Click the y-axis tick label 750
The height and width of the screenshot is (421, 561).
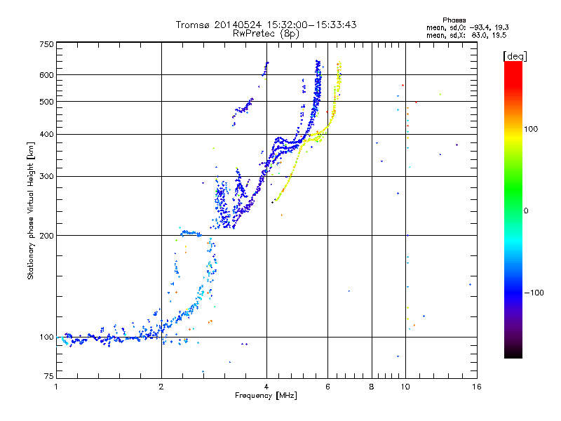pyautogui.click(x=46, y=44)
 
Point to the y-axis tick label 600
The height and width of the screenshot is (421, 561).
pyautogui.click(x=46, y=75)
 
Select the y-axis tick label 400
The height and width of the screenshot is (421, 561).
pyautogui.click(x=46, y=134)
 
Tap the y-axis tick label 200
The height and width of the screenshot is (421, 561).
pyautogui.click(x=46, y=235)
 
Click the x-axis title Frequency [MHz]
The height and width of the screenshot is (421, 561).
pyautogui.click(x=266, y=396)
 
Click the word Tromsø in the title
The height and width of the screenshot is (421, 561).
pyautogui.click(x=194, y=25)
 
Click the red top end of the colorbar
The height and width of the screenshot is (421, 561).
pyautogui.click(x=513, y=65)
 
